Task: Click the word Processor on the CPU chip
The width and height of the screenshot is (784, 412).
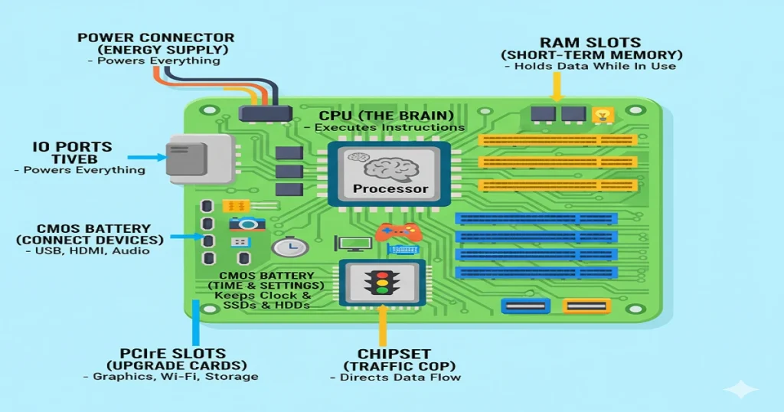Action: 391,188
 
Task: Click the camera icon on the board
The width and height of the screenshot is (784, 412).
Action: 247,224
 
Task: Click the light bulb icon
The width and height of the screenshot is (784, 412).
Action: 603,116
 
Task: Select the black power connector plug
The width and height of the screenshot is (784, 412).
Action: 266,113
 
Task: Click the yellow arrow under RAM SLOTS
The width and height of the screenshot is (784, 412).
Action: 557,89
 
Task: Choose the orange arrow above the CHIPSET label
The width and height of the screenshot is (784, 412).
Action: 380,330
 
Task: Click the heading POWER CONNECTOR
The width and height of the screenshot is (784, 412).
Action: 155,38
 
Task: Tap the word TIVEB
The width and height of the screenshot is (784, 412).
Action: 73,159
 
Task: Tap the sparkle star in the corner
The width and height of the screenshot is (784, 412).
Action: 740,389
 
